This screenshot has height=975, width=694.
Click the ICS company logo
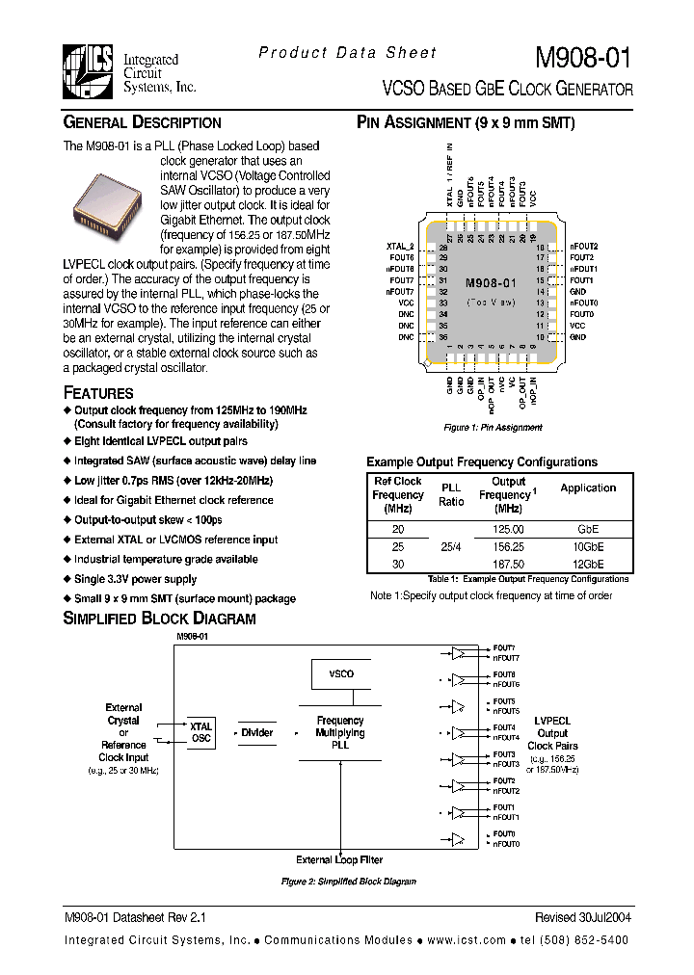(x=88, y=72)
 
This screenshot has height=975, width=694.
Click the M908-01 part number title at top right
(x=583, y=59)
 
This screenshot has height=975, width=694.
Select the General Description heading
(x=142, y=122)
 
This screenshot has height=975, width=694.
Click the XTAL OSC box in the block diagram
(x=200, y=732)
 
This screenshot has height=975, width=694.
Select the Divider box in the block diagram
(x=257, y=732)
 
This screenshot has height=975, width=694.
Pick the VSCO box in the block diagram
(x=340, y=673)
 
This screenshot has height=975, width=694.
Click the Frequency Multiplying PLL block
(x=340, y=732)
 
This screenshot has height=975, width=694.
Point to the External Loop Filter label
(x=339, y=859)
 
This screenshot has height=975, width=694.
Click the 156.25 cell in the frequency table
(x=508, y=546)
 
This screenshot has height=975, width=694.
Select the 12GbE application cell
(x=587, y=564)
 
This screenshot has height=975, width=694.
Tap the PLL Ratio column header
(x=451, y=494)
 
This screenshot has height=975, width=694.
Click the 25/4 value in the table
(x=451, y=546)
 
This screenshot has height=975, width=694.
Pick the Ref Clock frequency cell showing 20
(x=397, y=529)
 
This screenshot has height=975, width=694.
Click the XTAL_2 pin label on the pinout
(x=399, y=248)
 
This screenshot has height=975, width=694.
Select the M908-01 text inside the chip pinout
(x=491, y=283)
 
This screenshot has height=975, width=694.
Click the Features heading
(x=98, y=392)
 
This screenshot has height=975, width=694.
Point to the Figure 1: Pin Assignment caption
(x=493, y=427)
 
